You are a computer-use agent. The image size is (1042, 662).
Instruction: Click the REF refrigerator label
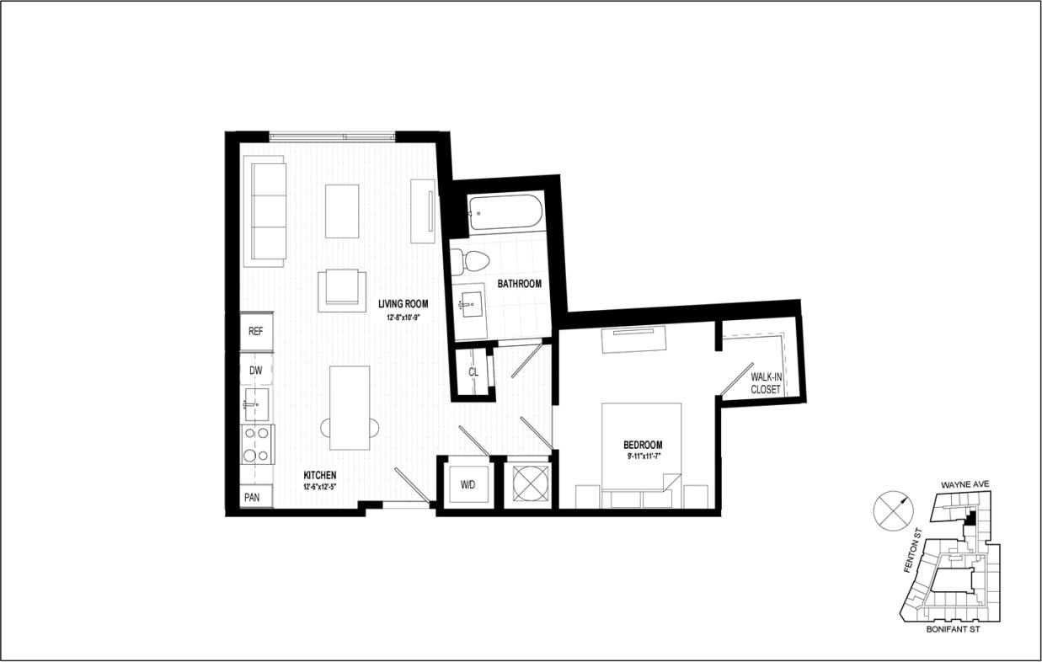pos(256,331)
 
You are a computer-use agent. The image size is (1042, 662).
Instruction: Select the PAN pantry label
pos(253,497)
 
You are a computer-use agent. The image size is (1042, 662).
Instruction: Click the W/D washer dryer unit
pos(468,484)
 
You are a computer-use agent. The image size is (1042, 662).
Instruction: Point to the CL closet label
pos(473,371)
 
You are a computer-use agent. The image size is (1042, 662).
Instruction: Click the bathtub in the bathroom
pos(502,214)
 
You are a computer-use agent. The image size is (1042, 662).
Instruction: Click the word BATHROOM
pos(519,284)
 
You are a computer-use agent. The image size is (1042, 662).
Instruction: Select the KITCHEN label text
pos(320,475)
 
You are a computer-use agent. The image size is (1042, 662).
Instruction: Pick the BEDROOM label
pos(643,445)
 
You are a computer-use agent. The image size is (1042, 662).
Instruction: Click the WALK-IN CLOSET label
pos(765,384)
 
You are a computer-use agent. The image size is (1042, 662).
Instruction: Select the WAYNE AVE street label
pos(965,485)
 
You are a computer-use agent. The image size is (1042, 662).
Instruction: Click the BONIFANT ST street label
pos(952,628)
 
